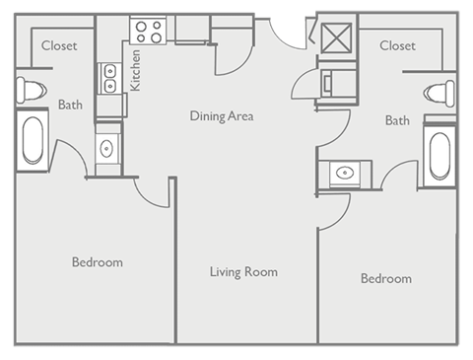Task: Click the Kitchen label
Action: click(x=136, y=68)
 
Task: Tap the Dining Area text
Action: click(x=222, y=116)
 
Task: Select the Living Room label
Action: click(x=243, y=271)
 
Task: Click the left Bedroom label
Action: click(x=97, y=262)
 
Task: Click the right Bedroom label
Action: click(x=385, y=279)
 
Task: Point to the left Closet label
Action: click(x=58, y=45)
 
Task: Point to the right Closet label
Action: click(x=397, y=45)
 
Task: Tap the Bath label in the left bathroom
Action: click(x=70, y=105)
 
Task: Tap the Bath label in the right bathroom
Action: click(x=397, y=120)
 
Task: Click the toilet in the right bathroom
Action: click(x=439, y=95)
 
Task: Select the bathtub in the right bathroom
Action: click(x=439, y=154)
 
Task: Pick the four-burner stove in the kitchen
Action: click(x=150, y=31)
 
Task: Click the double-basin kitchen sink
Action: click(x=108, y=78)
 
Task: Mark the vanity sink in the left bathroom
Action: click(x=107, y=149)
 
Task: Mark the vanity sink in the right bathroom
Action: click(x=344, y=174)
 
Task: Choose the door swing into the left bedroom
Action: click(x=148, y=193)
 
